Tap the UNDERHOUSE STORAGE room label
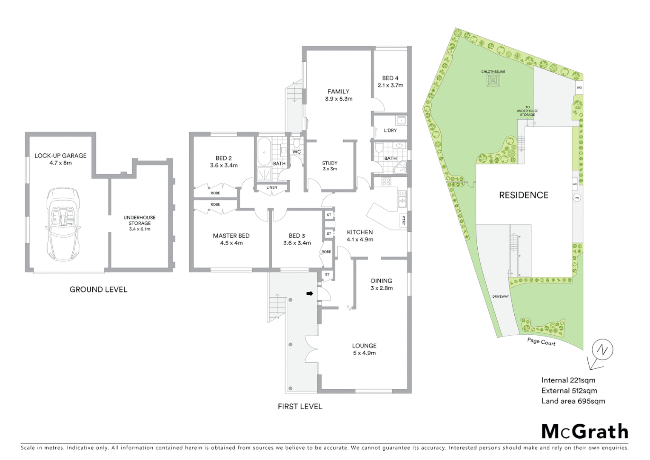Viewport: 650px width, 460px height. [140, 220]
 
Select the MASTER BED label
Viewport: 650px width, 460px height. [231, 236]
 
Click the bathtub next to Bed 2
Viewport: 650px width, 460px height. [264, 152]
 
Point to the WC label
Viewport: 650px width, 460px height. [296, 152]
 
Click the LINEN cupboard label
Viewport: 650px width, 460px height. [272, 187]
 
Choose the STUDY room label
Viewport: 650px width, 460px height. [330, 163]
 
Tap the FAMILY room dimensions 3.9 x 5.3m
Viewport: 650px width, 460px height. [339, 99]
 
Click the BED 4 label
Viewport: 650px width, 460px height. [390, 78]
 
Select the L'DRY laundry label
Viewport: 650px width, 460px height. [390, 130]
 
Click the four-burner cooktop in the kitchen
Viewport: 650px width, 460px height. [386, 182]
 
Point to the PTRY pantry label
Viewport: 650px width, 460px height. [403, 221]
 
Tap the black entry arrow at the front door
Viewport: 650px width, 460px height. [310, 293]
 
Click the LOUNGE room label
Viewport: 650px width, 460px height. [364, 346]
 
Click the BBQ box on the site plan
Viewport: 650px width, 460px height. [579, 88]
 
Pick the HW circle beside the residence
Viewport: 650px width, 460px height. [577, 198]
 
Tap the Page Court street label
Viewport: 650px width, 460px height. [541, 342]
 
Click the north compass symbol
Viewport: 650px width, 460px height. [602, 350]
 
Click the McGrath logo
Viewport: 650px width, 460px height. [584, 431]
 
